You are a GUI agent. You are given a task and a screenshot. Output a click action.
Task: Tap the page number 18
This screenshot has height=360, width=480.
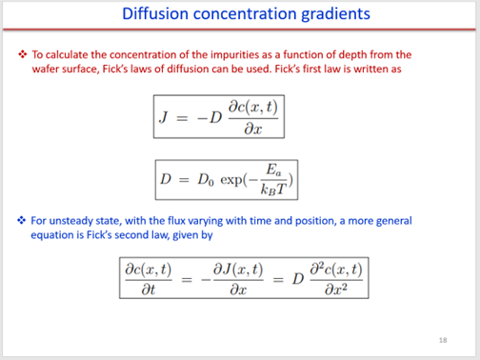[443, 339]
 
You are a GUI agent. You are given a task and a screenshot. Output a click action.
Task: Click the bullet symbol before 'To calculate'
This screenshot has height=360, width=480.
[23, 54]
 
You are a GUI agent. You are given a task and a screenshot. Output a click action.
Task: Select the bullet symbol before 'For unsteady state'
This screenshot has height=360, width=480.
[23, 220]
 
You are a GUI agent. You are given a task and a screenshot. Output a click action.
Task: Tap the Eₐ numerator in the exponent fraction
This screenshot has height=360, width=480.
[277, 170]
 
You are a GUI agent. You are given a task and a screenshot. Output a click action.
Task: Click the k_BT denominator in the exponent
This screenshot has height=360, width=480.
[277, 189]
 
